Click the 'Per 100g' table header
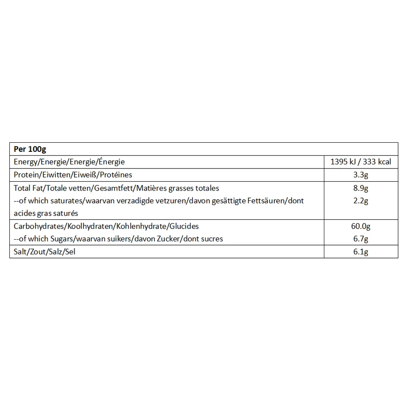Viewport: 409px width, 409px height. [30, 149]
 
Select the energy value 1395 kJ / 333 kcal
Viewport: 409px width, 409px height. [361, 162]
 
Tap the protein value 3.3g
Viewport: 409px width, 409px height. [361, 175]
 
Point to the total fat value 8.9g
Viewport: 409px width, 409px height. [361, 188]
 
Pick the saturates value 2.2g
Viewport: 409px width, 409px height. [361, 201]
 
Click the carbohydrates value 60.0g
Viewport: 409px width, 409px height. [361, 226]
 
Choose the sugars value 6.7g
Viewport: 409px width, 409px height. [361, 238]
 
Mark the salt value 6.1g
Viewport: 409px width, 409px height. [361, 252]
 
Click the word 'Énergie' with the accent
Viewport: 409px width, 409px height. [110, 162]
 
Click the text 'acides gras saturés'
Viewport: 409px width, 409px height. [46, 213]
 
